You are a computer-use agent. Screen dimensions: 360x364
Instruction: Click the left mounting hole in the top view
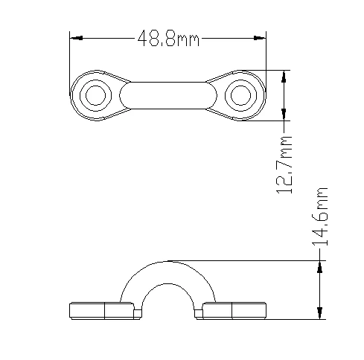click(95, 95)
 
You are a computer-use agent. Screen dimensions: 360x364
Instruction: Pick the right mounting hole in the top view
click(240, 95)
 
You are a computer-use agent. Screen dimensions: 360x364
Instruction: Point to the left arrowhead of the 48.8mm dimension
click(74, 37)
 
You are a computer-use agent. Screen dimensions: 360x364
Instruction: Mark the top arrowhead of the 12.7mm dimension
click(284, 75)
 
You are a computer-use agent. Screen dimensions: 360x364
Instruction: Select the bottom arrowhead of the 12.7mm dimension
click(284, 115)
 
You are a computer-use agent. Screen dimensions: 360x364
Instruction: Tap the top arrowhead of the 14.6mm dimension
click(320, 266)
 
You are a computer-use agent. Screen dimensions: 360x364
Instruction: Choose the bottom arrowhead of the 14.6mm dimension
click(320, 314)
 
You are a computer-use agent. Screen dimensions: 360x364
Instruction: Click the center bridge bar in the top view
click(167, 95)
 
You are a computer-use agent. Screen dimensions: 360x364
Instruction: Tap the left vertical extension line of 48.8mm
click(70, 56)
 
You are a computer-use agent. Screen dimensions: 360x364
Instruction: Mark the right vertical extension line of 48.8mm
click(266, 56)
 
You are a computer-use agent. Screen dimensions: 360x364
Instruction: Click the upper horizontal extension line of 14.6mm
click(246, 260)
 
